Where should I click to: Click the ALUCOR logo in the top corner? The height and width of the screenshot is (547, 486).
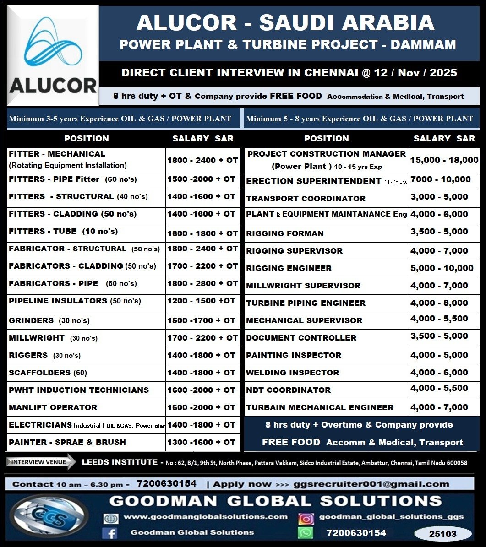[x=53, y=55]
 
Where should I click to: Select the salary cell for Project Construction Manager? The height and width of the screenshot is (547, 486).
[x=444, y=160]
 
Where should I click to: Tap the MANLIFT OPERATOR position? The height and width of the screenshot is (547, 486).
[x=53, y=407]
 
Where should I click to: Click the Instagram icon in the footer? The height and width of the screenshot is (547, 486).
[x=306, y=518]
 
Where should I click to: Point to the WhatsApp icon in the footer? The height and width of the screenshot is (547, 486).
[x=306, y=533]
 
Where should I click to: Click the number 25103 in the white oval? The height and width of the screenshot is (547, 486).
[x=442, y=534]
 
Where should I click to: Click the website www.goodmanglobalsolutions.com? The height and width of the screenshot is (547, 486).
[x=206, y=517]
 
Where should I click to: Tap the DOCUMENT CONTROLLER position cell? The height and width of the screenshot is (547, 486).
[x=301, y=338]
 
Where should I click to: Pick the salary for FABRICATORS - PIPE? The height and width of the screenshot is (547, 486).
[x=202, y=284]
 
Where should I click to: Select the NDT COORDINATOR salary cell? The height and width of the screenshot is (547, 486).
[x=439, y=389]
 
